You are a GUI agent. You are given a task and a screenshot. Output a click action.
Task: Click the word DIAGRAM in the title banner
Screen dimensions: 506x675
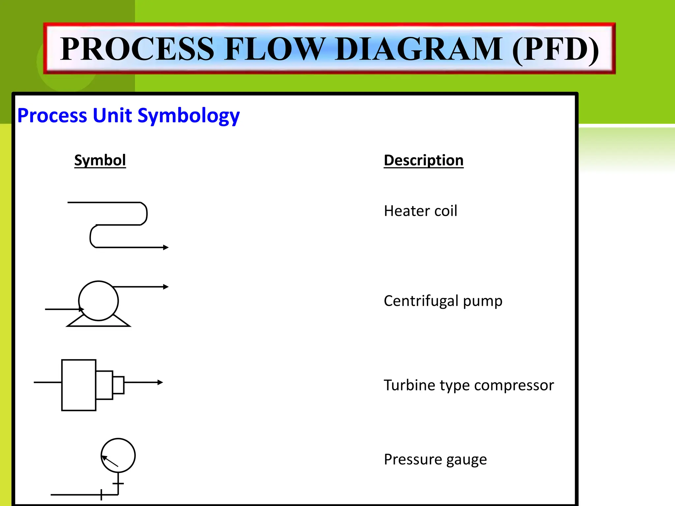point(419,49)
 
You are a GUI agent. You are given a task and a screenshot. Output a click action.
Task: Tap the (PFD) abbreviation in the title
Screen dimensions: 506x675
point(555,49)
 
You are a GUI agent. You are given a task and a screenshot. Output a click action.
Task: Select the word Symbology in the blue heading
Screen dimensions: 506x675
point(188,116)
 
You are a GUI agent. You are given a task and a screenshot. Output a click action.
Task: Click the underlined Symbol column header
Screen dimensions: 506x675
point(100,160)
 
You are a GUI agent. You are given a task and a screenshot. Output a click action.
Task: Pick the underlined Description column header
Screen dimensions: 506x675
point(424,160)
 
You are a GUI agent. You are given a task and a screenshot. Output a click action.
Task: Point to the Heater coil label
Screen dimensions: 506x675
point(421,211)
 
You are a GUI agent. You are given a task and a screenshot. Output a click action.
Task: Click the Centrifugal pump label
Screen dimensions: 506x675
point(443,301)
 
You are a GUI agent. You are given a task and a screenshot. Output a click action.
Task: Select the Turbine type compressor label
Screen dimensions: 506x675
point(469,385)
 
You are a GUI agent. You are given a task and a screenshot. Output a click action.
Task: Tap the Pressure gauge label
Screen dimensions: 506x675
point(435,459)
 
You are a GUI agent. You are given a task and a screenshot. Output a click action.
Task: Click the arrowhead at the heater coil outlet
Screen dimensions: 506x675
point(166,247)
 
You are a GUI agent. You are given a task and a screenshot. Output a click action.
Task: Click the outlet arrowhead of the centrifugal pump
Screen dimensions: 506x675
point(166,287)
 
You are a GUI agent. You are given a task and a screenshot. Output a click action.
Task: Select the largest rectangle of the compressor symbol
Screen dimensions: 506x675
point(79,385)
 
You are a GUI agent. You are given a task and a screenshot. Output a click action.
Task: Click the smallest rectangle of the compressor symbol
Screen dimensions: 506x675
point(118,385)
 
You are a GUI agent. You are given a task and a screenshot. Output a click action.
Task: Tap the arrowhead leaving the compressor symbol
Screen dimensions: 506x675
point(160,382)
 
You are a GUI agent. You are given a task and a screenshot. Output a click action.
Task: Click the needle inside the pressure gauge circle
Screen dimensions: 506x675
point(110,461)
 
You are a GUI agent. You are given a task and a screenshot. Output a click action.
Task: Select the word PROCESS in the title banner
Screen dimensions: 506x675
point(137,49)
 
